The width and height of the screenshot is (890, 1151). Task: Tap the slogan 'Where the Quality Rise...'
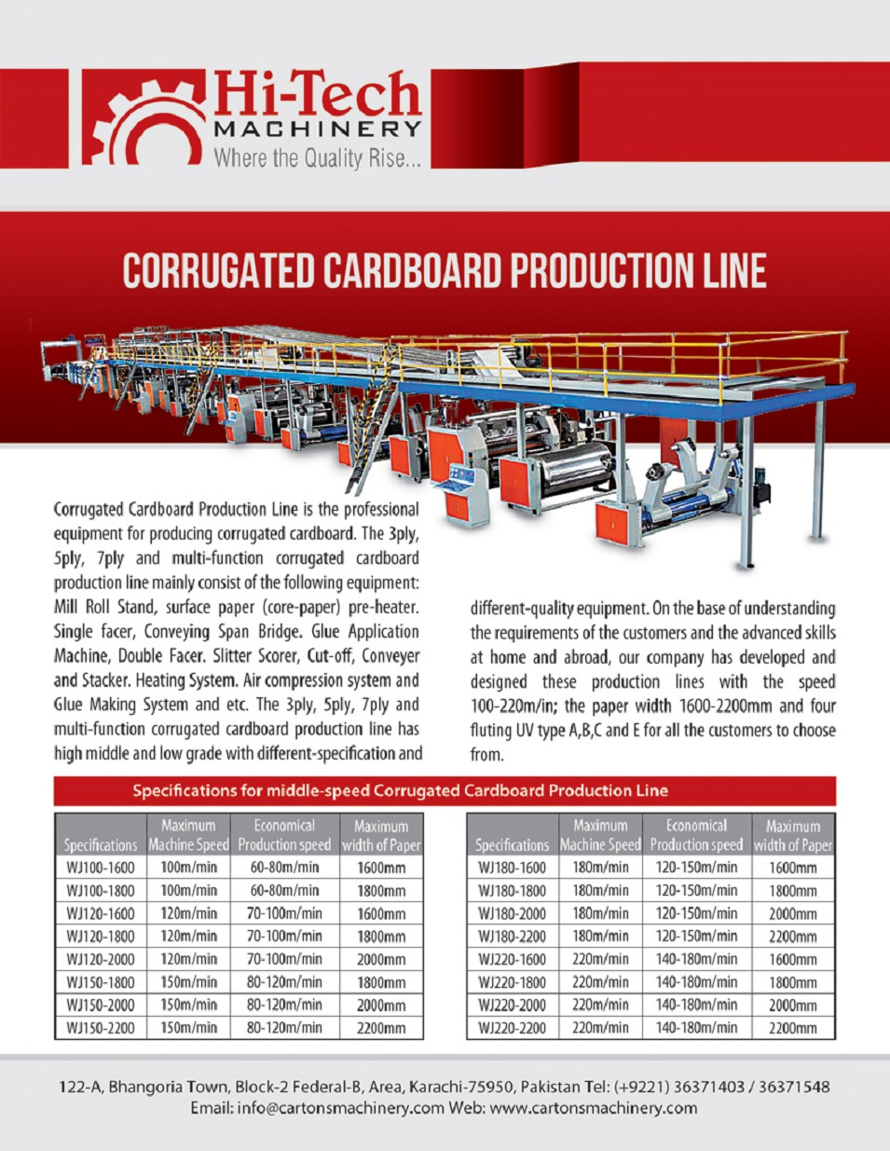[x=317, y=158]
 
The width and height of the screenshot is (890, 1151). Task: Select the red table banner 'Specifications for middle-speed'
[x=400, y=791]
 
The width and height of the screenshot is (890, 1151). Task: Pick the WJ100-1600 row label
[x=101, y=868]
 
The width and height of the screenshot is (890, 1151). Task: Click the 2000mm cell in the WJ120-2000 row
[x=381, y=960]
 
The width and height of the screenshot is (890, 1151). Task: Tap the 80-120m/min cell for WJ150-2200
[x=284, y=1029]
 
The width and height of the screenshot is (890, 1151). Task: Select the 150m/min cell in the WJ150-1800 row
[x=188, y=982]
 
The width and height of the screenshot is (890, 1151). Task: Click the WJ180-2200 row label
[x=512, y=937]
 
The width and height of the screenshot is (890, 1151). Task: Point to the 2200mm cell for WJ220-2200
[x=793, y=1029]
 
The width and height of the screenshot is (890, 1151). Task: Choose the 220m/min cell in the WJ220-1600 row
[x=600, y=960]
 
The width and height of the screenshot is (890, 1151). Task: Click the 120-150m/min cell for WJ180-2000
[x=696, y=914]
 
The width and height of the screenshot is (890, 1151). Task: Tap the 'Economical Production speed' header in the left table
[x=284, y=835]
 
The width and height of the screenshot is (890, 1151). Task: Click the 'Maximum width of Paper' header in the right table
[x=793, y=835]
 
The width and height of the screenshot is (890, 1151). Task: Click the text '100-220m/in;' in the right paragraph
[x=513, y=706]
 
